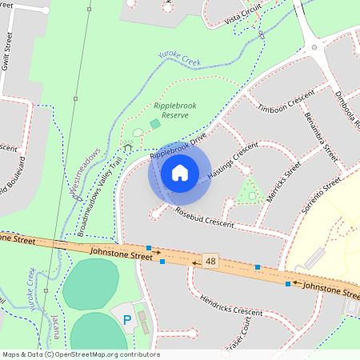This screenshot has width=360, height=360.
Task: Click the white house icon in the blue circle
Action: pyautogui.click(x=179, y=173)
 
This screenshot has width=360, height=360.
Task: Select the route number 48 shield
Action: pyautogui.click(x=210, y=262)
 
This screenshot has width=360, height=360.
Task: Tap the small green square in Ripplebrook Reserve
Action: pyautogui.click(x=154, y=123)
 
